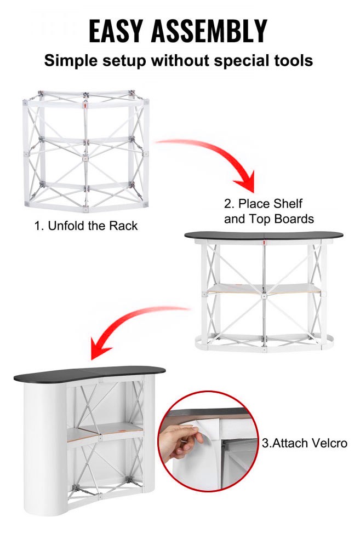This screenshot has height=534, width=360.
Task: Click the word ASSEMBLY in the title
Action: [x=209, y=31]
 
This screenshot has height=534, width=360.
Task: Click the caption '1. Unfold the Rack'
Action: [x=86, y=226]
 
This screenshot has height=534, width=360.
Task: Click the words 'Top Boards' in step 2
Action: [x=281, y=219]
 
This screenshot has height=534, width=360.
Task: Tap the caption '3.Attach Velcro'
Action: [x=305, y=443]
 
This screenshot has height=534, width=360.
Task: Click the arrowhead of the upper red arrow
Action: [x=246, y=181]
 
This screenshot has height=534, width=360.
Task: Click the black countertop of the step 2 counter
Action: [x=264, y=236]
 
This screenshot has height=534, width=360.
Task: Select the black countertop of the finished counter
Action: [x=89, y=374]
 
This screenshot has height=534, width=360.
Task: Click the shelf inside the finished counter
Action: [x=105, y=432]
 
